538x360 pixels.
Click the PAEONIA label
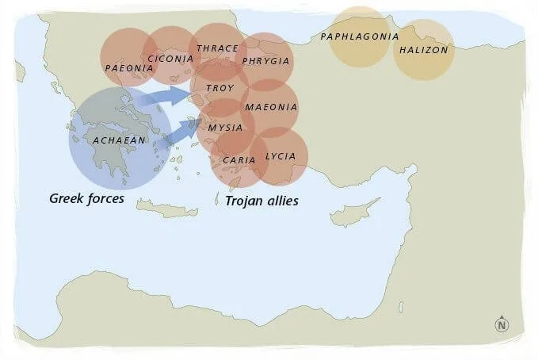(128, 68)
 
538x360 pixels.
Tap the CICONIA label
(170, 58)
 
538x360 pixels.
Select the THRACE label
(216, 48)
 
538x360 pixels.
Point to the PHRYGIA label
(265, 61)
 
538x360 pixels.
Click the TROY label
(219, 87)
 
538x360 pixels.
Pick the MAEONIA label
(271, 107)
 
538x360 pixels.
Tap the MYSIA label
(225, 127)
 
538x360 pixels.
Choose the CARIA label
(238, 159)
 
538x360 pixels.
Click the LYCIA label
(280, 156)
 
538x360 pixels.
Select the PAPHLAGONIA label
(358, 36)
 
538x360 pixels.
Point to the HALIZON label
(424, 50)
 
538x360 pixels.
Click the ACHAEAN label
(119, 140)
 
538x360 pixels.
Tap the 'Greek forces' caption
(86, 198)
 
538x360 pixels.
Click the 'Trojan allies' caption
(261, 201)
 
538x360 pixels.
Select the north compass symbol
(501, 324)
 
